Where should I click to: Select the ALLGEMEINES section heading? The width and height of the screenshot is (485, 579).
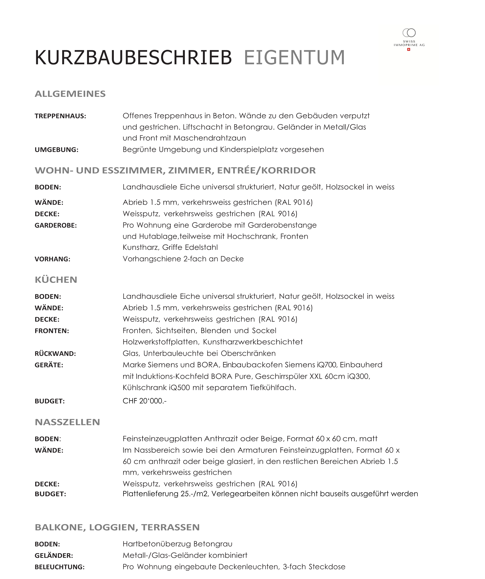point(70,94)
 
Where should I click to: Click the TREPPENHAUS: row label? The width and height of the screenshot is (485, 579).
point(60,116)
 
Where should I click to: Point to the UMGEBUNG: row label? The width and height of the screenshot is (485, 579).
point(57,150)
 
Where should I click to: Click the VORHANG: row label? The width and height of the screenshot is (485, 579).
point(52,259)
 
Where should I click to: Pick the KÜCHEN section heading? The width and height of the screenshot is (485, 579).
point(56,280)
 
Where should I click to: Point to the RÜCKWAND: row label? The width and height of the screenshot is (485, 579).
point(55,353)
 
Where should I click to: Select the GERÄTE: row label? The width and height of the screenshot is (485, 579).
point(49,365)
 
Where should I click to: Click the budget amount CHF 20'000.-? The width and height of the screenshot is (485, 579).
point(144,401)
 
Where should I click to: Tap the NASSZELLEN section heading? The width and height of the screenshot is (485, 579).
point(67,422)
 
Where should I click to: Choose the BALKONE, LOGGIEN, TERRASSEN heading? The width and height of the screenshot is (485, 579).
point(117,527)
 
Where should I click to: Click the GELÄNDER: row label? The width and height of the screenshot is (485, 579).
point(54,555)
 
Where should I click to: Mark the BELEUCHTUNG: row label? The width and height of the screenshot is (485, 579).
point(59,567)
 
